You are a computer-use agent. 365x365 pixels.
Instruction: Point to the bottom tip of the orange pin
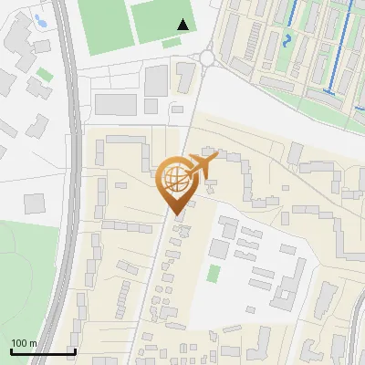(174, 215)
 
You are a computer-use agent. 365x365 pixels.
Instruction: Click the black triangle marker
(183, 25)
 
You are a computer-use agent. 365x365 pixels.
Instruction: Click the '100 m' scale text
(24, 343)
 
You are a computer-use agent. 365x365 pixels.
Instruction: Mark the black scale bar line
(42, 351)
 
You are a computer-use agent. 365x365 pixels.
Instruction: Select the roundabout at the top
(207, 58)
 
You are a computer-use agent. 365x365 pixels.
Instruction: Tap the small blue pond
(40, 18)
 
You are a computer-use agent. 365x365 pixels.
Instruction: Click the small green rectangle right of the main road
(214, 273)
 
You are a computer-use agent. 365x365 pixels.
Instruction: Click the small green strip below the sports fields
(171, 43)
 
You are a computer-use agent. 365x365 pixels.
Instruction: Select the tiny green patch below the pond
(45, 74)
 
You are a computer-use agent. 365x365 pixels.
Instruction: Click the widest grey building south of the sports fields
(116, 104)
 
